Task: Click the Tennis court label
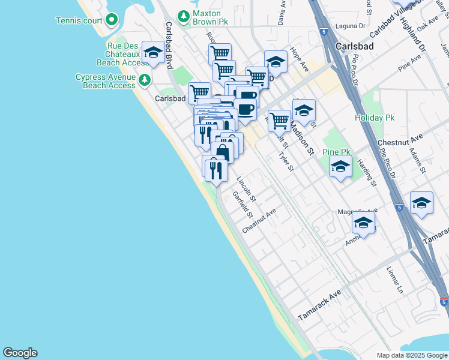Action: (x=79, y=20)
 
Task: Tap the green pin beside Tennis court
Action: (x=112, y=20)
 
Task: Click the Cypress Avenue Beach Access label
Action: (x=106, y=81)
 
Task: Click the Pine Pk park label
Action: (x=336, y=151)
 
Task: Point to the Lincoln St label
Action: (x=246, y=189)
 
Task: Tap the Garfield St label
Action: (x=243, y=205)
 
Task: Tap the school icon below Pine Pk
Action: (x=341, y=167)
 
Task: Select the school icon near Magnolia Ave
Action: (x=364, y=223)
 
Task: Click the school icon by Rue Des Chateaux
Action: (x=153, y=53)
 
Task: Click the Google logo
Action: (x=20, y=353)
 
